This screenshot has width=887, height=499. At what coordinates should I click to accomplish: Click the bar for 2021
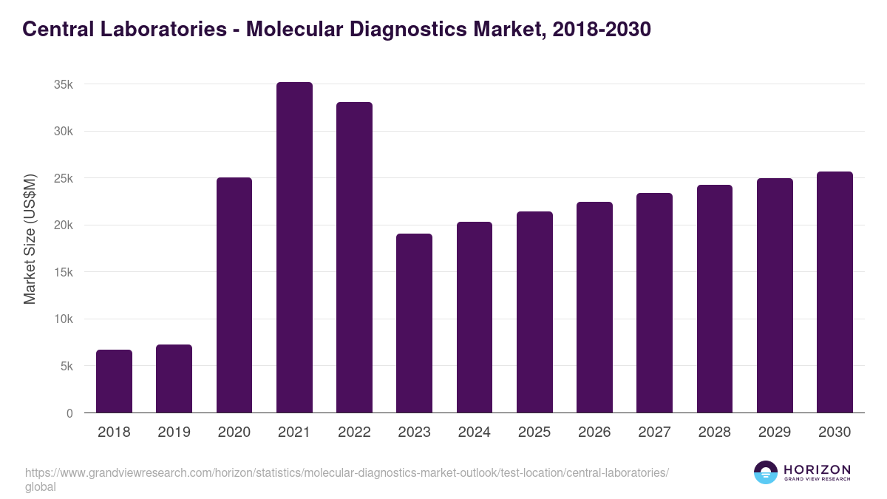point(294,248)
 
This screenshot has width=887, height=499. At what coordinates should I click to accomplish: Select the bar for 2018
point(114,381)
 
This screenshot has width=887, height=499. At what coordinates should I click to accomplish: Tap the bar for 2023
point(414,323)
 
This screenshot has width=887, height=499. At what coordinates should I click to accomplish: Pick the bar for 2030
point(835,292)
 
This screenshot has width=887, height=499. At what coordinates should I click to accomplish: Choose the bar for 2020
point(234,295)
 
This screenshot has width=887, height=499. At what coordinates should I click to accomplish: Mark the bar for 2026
point(594,308)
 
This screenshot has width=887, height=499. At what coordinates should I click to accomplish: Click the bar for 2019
point(174,379)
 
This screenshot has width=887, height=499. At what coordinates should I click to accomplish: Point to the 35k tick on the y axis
point(64,85)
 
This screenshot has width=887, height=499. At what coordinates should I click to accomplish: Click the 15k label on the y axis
point(64,273)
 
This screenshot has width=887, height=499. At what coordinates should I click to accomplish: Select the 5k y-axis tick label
point(67,367)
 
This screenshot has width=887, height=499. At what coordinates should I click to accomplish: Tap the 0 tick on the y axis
point(69,414)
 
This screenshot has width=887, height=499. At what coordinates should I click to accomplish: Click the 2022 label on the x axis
point(354,432)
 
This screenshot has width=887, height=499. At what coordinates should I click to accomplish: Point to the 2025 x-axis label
point(534,432)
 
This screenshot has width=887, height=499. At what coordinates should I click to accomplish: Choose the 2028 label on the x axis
point(715,432)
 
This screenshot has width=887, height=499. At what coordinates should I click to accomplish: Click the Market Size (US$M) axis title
point(30,239)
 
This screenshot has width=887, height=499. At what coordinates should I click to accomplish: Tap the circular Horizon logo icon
point(765,472)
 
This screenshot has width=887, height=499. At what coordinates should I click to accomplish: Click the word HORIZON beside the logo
point(817,469)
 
